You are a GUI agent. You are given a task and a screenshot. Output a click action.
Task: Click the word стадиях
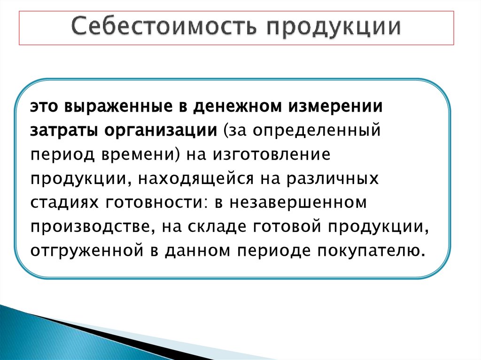pos(64,203)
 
